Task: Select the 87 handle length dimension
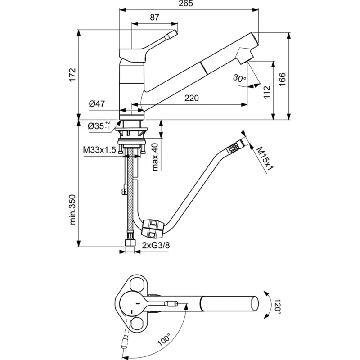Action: [x=154, y=18]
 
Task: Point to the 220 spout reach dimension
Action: [x=191, y=98]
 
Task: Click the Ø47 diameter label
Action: [x=97, y=103]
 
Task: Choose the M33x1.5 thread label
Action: [x=99, y=149]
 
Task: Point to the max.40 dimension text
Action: [x=155, y=156]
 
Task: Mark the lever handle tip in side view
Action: [x=173, y=34]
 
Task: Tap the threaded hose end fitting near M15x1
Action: [x=234, y=147]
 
